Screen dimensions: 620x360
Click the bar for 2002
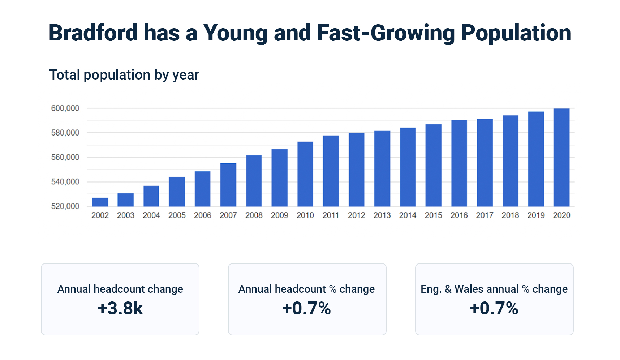click(100, 202)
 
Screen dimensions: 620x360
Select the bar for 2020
click(561, 158)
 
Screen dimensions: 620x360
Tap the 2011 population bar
click(331, 171)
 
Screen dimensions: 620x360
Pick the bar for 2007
click(228, 185)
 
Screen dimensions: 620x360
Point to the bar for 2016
click(459, 163)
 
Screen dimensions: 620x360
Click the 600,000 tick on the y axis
click(65, 108)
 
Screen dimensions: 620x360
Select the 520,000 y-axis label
click(65, 206)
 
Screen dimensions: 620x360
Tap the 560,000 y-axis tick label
click(65, 157)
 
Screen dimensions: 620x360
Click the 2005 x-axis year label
click(177, 215)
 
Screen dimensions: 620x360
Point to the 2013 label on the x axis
click(382, 215)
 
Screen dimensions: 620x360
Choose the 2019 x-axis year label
click(536, 215)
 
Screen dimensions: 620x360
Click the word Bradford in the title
click(93, 33)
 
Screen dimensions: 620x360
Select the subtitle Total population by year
click(124, 75)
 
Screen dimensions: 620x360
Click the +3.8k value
click(120, 308)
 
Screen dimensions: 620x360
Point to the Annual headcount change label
click(120, 289)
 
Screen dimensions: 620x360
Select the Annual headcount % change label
click(307, 289)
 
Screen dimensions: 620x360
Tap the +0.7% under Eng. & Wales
click(494, 308)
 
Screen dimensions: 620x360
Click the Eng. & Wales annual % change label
click(494, 289)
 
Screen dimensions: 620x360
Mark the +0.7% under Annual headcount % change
click(307, 308)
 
